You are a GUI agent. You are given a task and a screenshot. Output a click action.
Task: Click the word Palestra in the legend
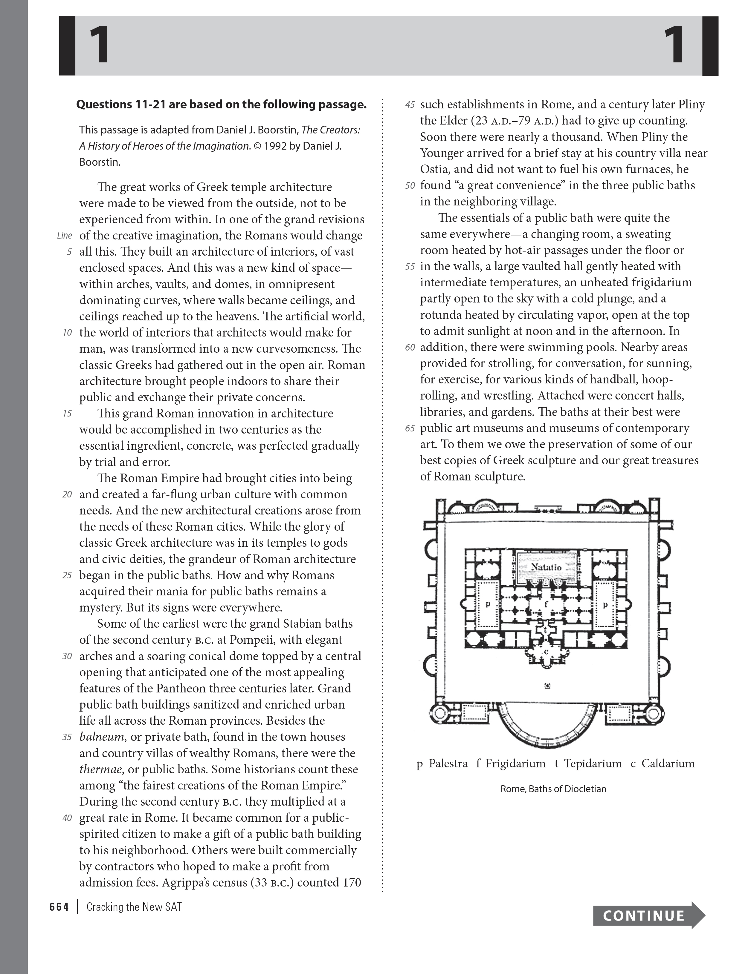pos(448,763)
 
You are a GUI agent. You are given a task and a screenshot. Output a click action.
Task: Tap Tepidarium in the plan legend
pos(593,763)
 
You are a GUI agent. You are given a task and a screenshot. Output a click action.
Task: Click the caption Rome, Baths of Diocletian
pos(553,789)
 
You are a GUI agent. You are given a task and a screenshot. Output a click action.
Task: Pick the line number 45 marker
pos(410,105)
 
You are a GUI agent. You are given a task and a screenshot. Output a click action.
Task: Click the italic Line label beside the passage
pos(64,236)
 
